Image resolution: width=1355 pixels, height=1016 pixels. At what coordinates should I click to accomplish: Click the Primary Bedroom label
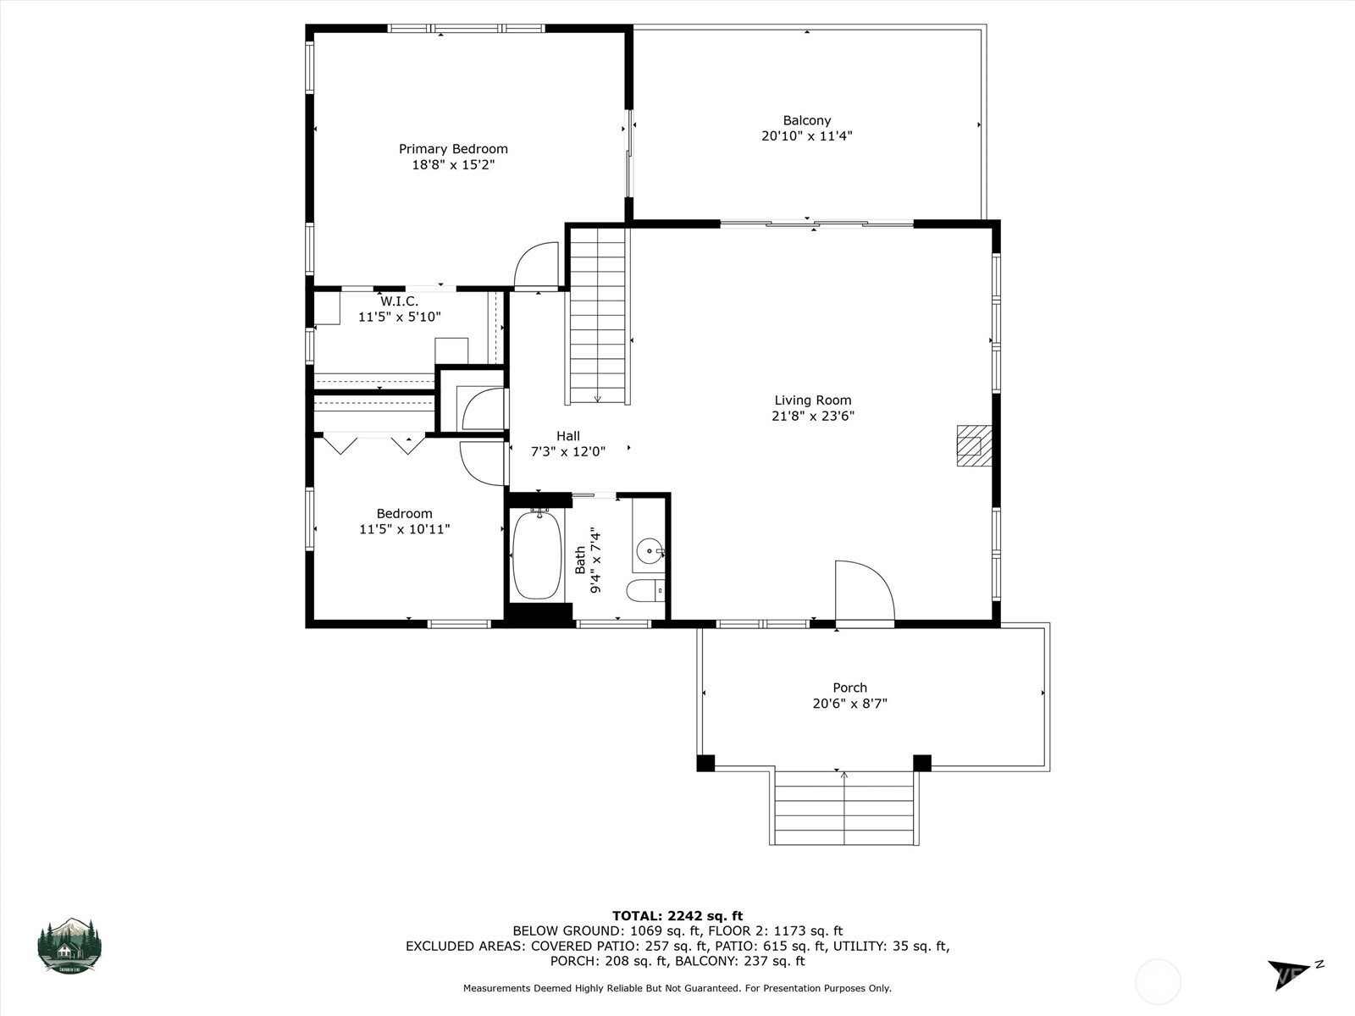pyautogui.click(x=453, y=149)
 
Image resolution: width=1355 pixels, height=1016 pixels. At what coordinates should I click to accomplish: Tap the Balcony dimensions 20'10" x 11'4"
pyautogui.click(x=806, y=135)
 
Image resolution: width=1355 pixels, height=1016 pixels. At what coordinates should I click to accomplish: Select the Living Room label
pyautogui.click(x=812, y=400)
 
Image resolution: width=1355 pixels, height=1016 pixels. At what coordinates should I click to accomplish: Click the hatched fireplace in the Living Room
pyautogui.click(x=973, y=445)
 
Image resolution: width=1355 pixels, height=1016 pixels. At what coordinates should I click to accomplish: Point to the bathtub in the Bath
pyautogui.click(x=537, y=555)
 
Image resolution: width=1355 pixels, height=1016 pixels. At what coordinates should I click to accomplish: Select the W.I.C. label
pyautogui.click(x=399, y=301)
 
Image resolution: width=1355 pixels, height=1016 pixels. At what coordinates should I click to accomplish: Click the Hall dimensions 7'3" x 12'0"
pyautogui.click(x=567, y=452)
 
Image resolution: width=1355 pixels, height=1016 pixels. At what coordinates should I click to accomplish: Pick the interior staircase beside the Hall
pyautogui.click(x=598, y=317)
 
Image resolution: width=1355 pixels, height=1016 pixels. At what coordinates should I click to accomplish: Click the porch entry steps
pyautogui.click(x=844, y=808)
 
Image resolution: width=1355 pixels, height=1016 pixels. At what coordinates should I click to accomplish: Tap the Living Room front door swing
pyautogui.click(x=864, y=593)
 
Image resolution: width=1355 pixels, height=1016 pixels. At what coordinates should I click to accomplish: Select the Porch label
pyautogui.click(x=849, y=687)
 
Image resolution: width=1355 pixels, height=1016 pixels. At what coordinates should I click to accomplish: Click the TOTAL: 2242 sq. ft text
pyautogui.click(x=677, y=915)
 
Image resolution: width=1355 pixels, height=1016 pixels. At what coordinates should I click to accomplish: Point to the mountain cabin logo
pyautogui.click(x=69, y=945)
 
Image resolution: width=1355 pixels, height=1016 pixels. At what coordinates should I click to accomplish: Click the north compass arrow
pyautogui.click(x=1287, y=972)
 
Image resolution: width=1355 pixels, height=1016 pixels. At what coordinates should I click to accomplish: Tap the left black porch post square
pyautogui.click(x=705, y=763)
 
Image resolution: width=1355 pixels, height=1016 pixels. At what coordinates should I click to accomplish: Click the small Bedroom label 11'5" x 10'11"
pyautogui.click(x=404, y=529)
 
